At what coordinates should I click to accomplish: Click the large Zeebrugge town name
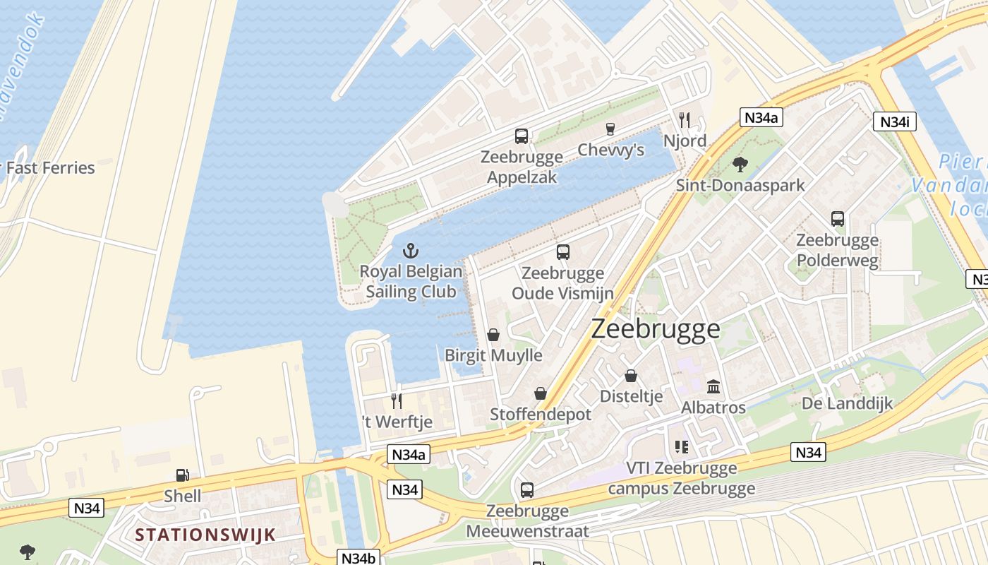click(656, 328)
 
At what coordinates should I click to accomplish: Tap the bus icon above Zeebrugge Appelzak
click(522, 136)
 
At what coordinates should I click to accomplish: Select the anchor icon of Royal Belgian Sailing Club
click(410, 250)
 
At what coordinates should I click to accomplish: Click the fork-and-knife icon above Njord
click(684, 119)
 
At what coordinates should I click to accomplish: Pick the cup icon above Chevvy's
click(610, 129)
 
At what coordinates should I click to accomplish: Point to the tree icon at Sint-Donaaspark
click(740, 165)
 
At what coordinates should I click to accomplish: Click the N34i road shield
click(894, 121)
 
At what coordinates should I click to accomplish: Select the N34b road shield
click(358, 557)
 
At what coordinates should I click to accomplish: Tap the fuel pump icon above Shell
click(182, 476)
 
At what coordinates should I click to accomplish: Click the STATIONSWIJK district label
click(205, 534)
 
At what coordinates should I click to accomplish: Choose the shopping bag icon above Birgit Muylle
click(493, 335)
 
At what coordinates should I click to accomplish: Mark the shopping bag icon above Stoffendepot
click(541, 393)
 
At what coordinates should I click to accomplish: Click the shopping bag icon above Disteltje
click(631, 376)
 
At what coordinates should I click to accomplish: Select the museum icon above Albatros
click(713, 387)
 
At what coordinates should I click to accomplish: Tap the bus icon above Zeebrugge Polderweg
click(838, 219)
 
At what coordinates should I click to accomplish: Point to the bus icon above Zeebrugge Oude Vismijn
click(562, 252)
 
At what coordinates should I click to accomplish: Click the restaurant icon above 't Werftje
click(397, 401)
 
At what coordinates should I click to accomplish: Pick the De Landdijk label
click(847, 403)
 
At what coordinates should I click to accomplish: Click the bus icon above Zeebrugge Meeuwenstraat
click(527, 489)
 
